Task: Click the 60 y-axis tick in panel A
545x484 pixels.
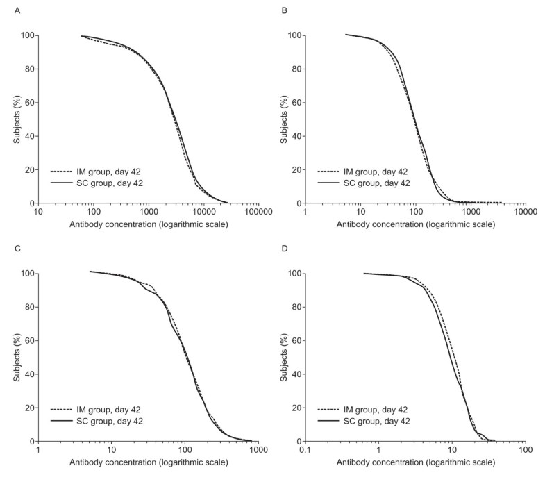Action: tap(26, 103)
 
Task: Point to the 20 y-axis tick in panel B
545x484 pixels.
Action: tap(294, 170)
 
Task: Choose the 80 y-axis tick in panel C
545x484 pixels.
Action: tap(26, 307)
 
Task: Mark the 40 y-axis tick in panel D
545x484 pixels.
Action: tap(294, 374)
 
